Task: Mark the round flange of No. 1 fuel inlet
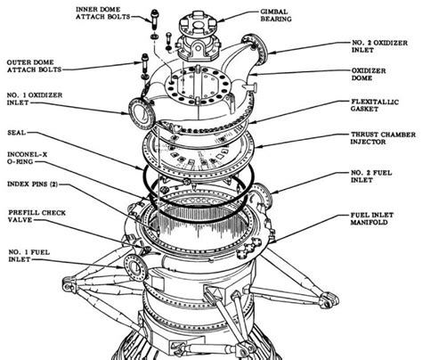(x=134, y=266)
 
